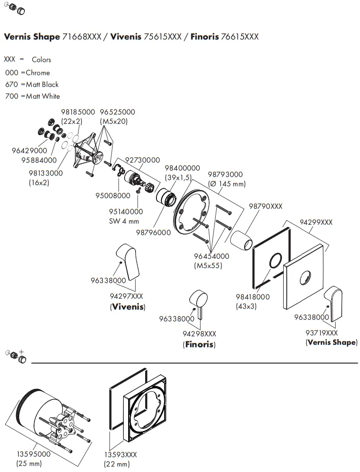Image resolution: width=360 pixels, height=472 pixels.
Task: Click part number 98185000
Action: [x=78, y=112]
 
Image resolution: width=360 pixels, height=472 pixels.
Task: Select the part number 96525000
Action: [x=118, y=112]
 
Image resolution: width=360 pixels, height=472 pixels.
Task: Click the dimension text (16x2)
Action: [x=39, y=183]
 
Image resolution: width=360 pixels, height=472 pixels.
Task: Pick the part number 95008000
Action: [x=113, y=196]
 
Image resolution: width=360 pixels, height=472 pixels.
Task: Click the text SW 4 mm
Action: [x=124, y=221]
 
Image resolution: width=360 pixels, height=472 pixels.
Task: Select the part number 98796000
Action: [x=153, y=233]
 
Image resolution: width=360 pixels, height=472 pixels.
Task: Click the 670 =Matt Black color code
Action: [x=32, y=85]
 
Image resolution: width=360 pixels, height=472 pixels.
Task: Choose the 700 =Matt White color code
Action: [x=33, y=96]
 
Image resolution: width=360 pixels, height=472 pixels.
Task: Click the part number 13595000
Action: [x=33, y=454]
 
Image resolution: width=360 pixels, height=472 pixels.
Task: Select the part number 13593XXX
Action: [x=120, y=455]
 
